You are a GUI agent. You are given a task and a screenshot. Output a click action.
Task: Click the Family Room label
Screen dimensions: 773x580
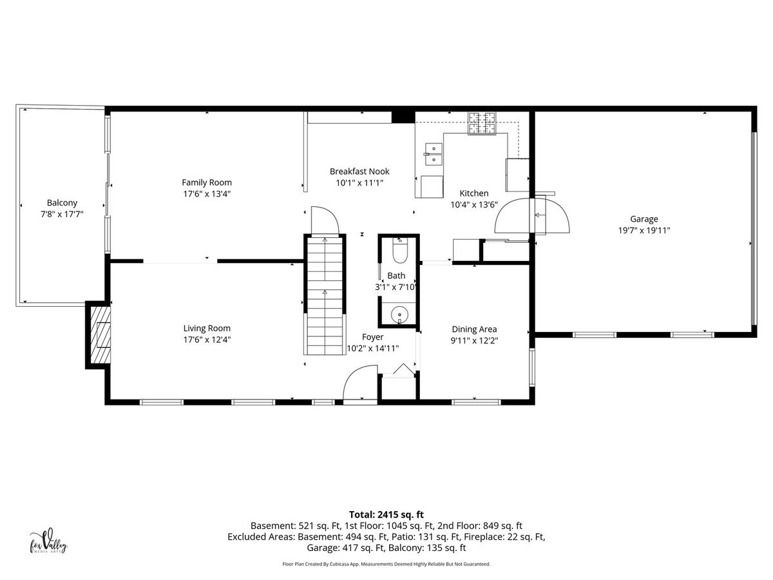click(x=207, y=182)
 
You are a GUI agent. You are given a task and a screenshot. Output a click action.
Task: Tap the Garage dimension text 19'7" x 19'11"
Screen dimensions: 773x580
click(x=644, y=230)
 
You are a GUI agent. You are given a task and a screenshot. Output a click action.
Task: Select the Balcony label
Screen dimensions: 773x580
click(x=62, y=203)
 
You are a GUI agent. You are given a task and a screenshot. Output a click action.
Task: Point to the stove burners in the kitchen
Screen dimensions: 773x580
click(x=482, y=123)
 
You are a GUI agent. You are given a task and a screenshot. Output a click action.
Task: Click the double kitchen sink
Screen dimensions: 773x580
click(x=434, y=154)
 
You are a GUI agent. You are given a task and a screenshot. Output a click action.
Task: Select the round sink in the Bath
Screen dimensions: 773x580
click(x=399, y=313)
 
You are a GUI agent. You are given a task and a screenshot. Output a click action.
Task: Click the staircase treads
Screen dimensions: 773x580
click(x=325, y=296)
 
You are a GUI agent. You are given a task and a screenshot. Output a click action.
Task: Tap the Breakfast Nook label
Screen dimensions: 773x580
click(x=359, y=171)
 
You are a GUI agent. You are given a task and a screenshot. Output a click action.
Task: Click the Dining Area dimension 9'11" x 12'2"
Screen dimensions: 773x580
click(x=474, y=340)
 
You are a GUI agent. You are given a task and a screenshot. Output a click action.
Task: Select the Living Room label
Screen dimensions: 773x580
click(x=207, y=328)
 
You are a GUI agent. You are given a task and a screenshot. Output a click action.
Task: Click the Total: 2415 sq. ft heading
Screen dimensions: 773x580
click(x=386, y=514)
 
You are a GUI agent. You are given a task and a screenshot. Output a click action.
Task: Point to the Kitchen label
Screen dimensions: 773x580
click(x=474, y=193)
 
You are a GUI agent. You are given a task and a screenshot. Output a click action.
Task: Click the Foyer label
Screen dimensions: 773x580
click(x=372, y=337)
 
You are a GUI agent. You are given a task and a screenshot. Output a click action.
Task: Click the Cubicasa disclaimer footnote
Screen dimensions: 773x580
click(x=386, y=564)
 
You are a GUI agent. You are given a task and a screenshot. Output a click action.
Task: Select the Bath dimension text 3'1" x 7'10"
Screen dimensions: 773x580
click(x=396, y=287)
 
